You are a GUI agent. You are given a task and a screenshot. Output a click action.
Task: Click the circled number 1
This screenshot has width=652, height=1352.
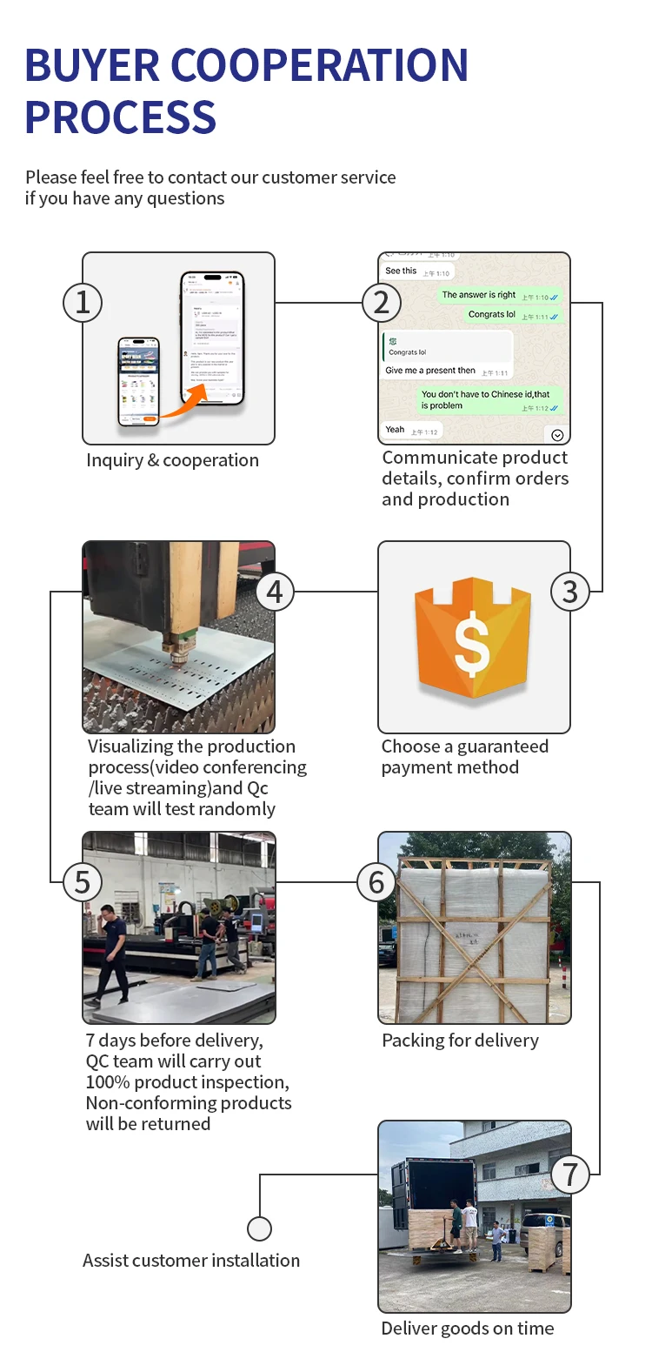83,303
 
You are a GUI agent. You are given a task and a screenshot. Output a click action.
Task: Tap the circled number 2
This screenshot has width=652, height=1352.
381,303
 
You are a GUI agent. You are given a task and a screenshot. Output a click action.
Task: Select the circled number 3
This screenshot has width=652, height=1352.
570,592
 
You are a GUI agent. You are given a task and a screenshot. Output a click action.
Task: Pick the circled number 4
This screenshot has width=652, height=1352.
275,592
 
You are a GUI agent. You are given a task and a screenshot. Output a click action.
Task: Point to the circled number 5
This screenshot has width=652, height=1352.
83,882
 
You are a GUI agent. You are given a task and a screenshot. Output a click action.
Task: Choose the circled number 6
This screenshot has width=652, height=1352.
376,882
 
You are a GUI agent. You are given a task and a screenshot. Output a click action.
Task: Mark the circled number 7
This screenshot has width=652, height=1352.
570,1175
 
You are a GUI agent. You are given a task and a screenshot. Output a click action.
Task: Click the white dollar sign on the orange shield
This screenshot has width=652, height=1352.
472,642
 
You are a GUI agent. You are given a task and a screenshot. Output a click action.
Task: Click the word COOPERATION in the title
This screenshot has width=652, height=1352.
320,65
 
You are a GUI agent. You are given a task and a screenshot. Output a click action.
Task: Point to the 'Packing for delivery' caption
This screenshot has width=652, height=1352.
460,1041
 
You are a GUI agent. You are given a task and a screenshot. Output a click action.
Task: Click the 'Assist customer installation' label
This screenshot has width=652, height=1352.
191,1260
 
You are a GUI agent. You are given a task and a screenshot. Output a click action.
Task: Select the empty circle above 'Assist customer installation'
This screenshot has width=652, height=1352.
259,1228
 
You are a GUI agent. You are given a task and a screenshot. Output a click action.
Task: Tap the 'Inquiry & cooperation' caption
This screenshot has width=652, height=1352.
172,460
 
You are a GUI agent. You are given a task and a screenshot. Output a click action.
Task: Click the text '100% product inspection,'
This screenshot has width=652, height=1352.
187,1082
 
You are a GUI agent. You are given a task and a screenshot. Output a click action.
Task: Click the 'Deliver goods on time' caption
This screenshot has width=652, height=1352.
467,1329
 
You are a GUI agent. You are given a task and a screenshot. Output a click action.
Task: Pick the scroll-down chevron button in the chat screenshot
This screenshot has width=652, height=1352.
557,435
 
